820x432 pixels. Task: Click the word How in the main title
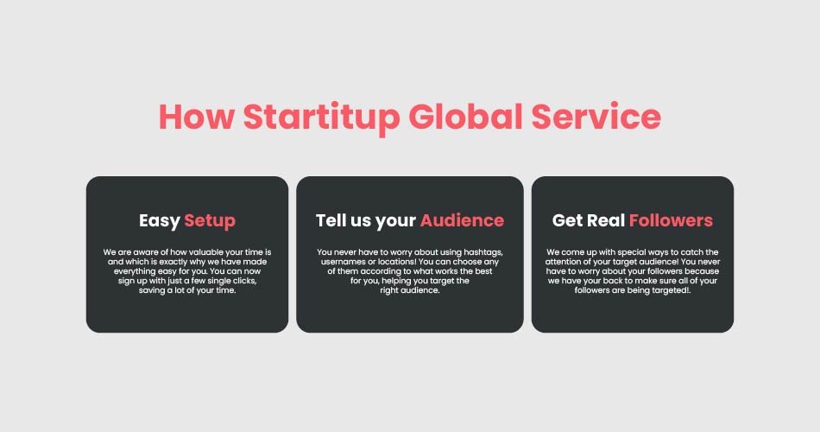[197, 117]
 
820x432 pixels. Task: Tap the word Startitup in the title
[322, 118]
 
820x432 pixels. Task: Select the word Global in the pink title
[465, 116]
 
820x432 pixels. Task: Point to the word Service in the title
[596, 117]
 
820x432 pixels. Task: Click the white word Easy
[160, 221]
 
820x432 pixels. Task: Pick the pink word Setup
[210, 221]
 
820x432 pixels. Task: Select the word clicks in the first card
[243, 281]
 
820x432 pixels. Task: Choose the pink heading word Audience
[463, 220]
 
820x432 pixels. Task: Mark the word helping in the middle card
[396, 281]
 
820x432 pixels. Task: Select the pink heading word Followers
[671, 220]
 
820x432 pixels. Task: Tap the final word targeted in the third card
[671, 291]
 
